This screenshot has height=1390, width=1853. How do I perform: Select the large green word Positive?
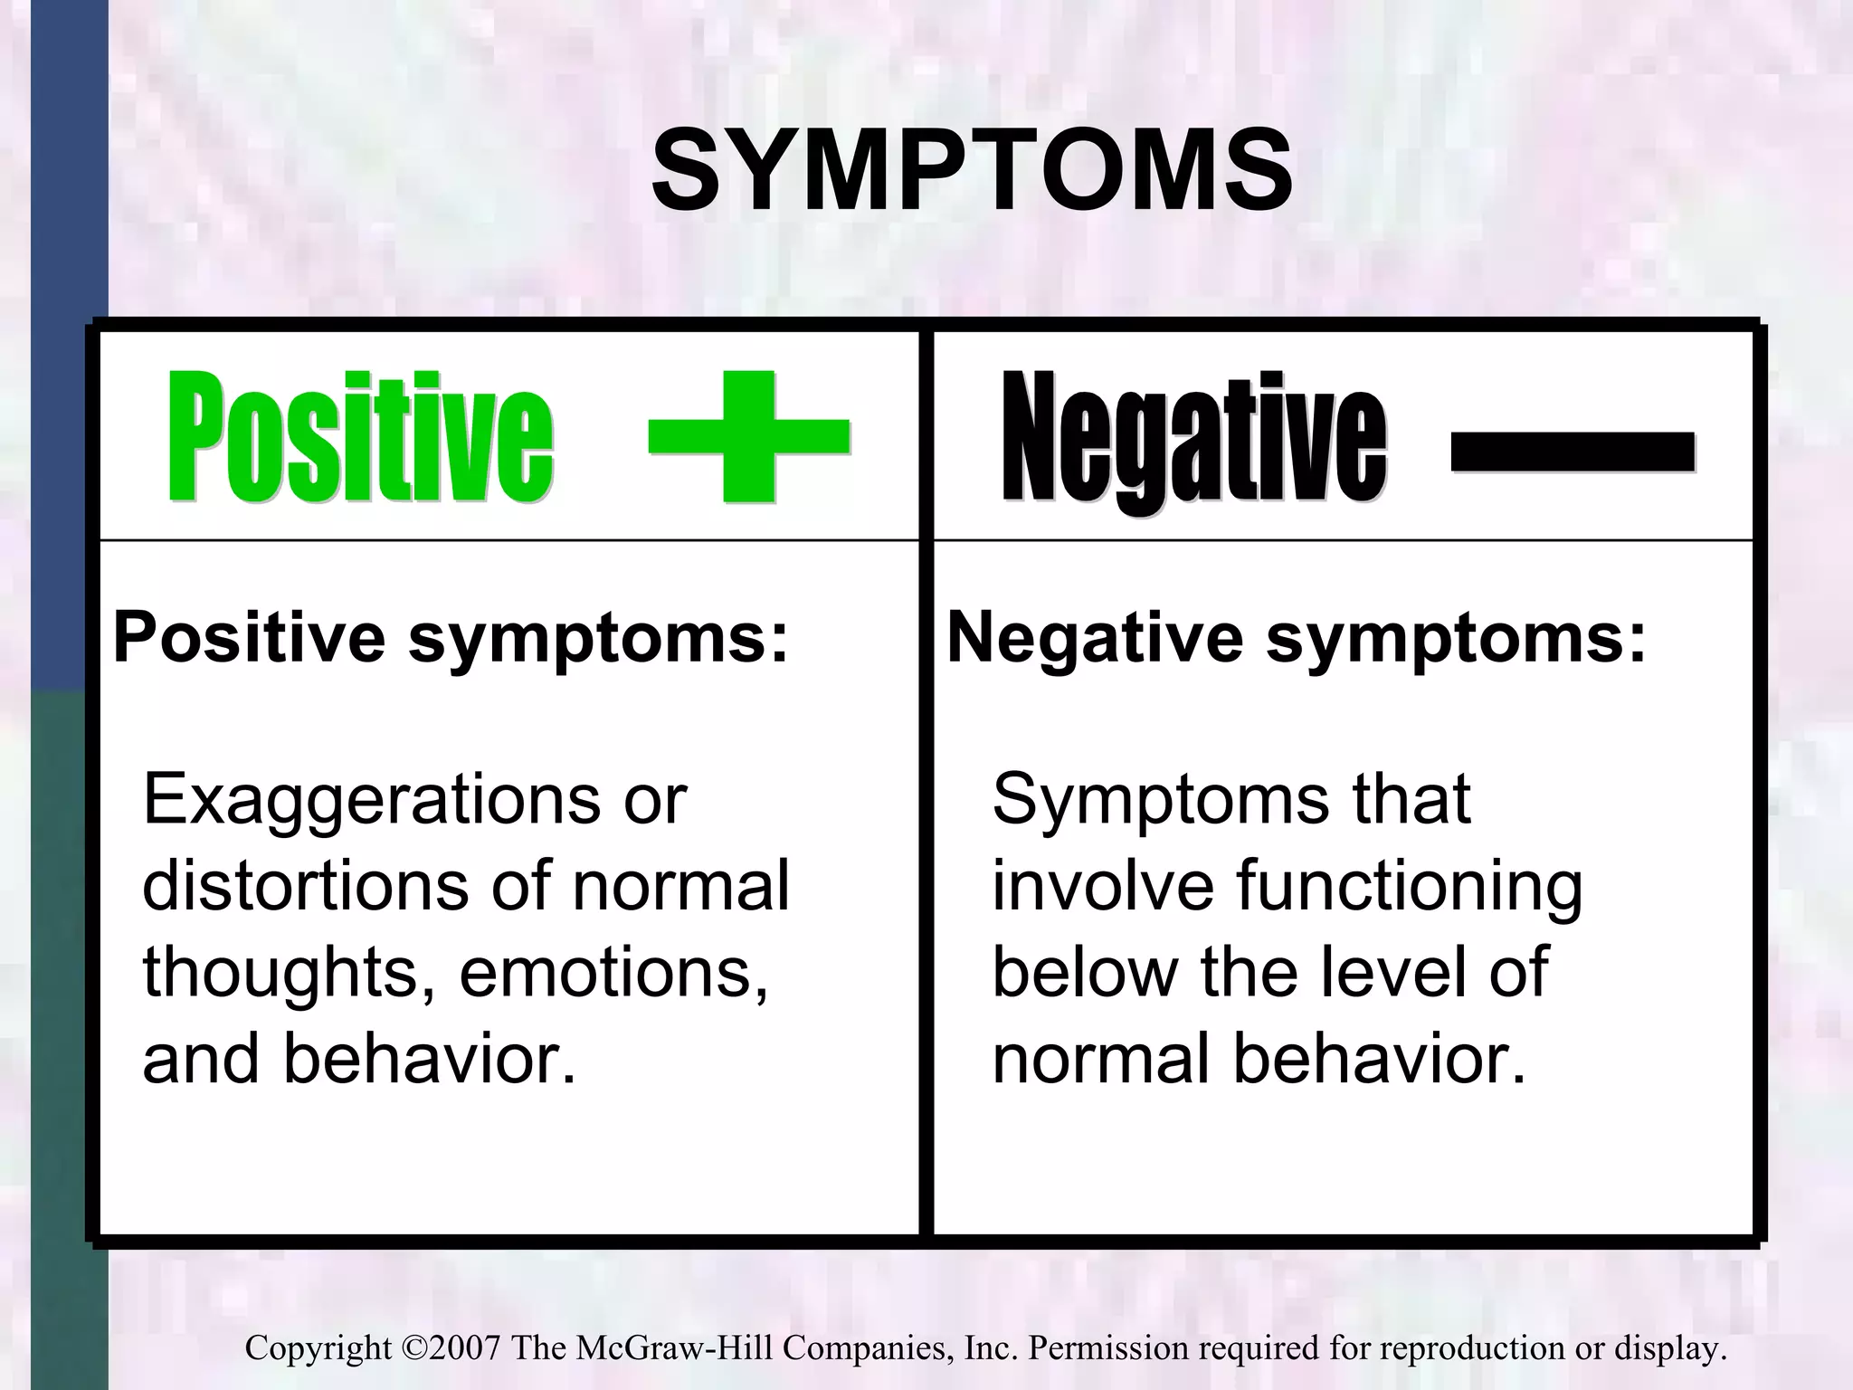(x=360, y=438)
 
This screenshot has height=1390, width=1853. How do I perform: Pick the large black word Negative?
(x=1194, y=440)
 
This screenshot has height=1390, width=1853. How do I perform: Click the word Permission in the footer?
(x=1107, y=1348)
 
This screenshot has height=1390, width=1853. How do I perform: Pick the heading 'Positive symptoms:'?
(x=451, y=639)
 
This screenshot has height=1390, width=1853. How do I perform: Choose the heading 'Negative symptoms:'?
(x=1296, y=639)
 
